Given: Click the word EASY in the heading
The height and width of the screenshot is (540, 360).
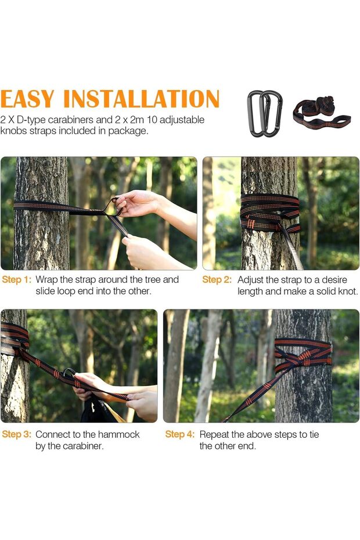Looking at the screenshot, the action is [27, 99].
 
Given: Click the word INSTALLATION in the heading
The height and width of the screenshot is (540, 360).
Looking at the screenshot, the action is [141, 99].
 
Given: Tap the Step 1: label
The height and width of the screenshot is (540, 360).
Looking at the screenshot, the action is [16, 280].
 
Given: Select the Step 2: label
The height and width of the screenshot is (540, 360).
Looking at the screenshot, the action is [217, 280].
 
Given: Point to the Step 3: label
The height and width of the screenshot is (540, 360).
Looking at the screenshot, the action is [16, 434].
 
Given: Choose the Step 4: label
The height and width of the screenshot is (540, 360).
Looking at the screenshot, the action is [180, 434].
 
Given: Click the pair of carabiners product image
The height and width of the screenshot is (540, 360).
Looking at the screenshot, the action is [265, 114].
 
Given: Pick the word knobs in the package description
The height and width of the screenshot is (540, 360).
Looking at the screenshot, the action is [14, 131].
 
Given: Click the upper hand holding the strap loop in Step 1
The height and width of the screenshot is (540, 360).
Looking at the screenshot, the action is [138, 204].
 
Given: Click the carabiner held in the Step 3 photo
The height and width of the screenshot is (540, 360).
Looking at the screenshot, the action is [69, 373].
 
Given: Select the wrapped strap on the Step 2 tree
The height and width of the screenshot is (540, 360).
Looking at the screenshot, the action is [270, 213].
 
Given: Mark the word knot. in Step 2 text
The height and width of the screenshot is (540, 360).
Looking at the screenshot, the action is [347, 291].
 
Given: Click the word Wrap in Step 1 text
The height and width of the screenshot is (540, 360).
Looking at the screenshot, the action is [46, 280].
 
